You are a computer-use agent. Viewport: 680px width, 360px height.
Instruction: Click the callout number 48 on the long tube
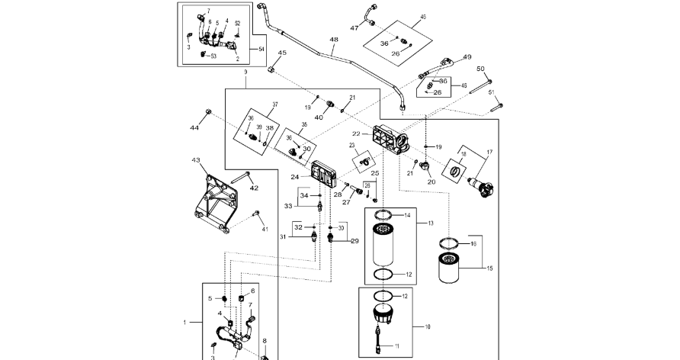(x=334, y=39)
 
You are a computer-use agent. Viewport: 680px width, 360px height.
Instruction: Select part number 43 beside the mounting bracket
(x=196, y=161)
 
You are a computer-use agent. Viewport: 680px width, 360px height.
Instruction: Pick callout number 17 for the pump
(x=489, y=153)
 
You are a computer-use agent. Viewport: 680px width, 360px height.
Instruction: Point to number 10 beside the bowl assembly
(x=427, y=327)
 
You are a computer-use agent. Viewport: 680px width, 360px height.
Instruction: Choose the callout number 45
(x=282, y=53)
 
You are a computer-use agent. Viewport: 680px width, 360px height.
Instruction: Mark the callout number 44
(x=194, y=127)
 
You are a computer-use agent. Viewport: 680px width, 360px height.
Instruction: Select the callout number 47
(x=354, y=28)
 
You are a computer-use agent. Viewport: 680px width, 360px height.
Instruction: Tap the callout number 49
(x=467, y=57)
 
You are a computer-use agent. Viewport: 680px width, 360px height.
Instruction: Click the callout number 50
(x=480, y=69)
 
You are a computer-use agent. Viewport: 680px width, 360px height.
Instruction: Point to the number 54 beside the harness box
(x=261, y=49)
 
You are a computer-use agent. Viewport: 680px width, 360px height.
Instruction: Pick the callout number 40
(x=319, y=117)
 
